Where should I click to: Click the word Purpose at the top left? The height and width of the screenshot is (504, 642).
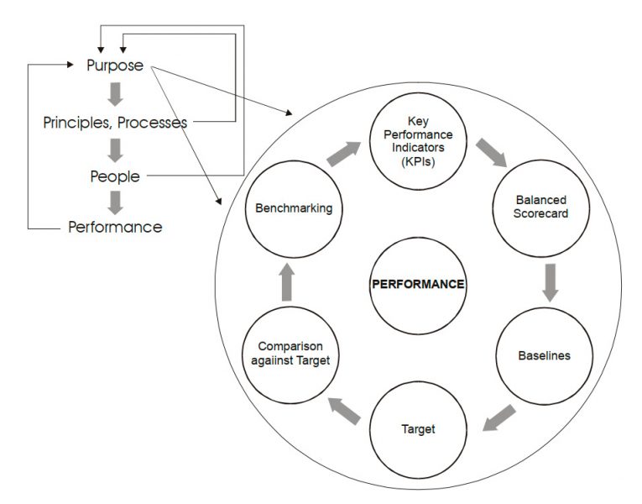pyautogui.click(x=115, y=65)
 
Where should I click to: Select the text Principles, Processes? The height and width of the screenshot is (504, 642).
pyautogui.click(x=115, y=123)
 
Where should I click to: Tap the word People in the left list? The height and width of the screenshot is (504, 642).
pyautogui.click(x=115, y=176)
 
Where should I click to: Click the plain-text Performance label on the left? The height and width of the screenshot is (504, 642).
pyautogui.click(x=115, y=227)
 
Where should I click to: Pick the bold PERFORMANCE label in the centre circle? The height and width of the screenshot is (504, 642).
pyautogui.click(x=417, y=284)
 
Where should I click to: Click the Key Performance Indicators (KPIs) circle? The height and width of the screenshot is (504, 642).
pyautogui.click(x=417, y=141)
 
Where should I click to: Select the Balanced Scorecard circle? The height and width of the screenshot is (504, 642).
pyautogui.click(x=540, y=207)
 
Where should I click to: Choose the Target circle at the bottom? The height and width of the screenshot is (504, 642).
pyautogui.click(x=417, y=429)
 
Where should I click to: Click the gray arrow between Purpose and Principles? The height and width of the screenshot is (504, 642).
pyautogui.click(x=116, y=92)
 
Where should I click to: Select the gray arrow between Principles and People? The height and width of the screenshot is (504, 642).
pyautogui.click(x=116, y=150)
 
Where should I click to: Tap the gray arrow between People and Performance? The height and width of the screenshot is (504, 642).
pyautogui.click(x=116, y=202)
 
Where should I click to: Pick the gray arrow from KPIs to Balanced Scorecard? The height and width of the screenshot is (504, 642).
pyautogui.click(x=490, y=154)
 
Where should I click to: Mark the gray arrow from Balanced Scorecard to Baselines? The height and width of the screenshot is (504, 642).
pyautogui.click(x=550, y=281)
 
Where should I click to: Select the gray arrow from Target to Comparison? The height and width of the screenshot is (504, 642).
pyautogui.click(x=344, y=410)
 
